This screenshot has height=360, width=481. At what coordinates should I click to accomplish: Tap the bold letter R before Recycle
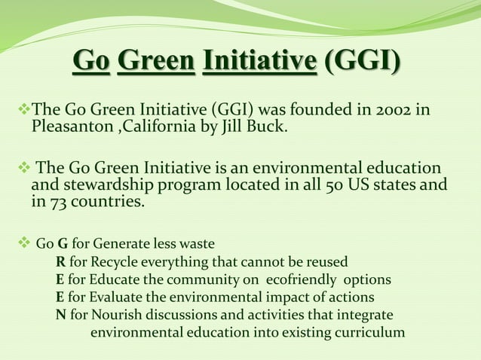(x=60, y=261)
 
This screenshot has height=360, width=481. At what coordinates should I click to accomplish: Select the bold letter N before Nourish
(x=60, y=313)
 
